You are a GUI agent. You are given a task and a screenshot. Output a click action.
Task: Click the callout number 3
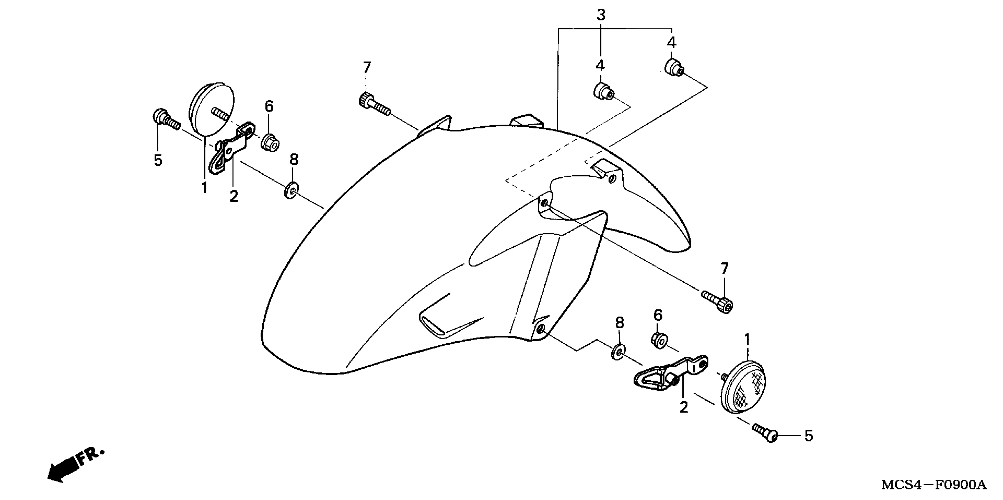[601, 15]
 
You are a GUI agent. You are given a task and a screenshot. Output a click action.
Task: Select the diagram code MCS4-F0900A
[934, 485]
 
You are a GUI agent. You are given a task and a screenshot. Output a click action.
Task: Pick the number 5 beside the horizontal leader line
[809, 436]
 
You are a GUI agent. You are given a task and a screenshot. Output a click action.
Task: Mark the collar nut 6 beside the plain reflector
[270, 142]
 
